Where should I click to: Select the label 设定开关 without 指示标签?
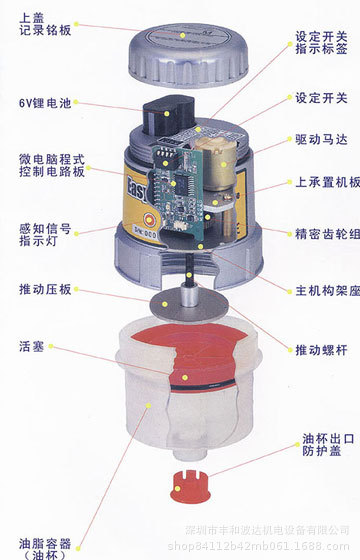(x=321, y=98)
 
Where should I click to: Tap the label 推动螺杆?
(x=321, y=349)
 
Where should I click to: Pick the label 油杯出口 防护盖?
(x=325, y=446)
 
